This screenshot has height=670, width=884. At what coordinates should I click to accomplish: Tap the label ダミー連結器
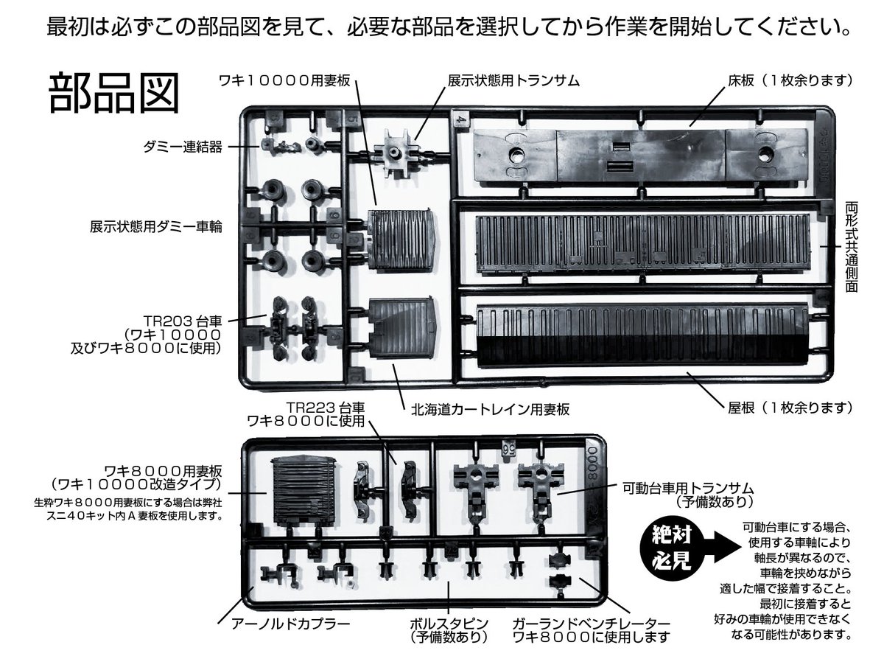click(x=183, y=147)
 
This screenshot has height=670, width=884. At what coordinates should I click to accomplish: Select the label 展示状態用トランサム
click(x=513, y=79)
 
